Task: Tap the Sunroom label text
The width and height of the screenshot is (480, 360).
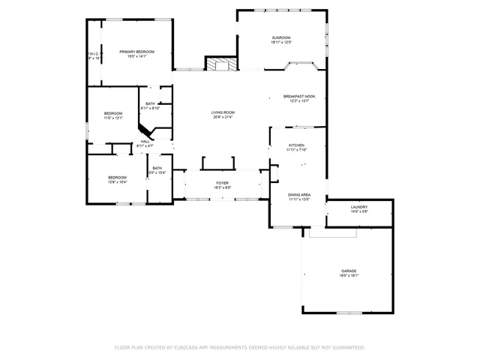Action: tap(280, 37)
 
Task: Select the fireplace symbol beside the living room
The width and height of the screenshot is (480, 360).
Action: tap(221, 64)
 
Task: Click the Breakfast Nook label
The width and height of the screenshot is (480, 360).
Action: tap(298, 96)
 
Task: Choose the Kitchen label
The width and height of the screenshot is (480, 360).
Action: tap(297, 145)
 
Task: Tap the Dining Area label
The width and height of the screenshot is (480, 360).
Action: tap(299, 195)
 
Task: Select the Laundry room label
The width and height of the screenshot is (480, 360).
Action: tap(358, 207)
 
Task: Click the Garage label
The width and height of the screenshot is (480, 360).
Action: tap(349, 271)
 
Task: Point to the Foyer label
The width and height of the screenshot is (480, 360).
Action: tap(223, 182)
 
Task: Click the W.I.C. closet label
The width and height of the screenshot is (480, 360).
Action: tap(93, 54)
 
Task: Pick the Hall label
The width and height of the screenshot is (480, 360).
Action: tap(145, 141)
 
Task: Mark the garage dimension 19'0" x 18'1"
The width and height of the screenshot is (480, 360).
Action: tap(349, 275)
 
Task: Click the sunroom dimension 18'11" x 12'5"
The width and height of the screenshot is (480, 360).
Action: tap(280, 42)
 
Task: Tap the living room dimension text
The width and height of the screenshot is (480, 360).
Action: tap(223, 117)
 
